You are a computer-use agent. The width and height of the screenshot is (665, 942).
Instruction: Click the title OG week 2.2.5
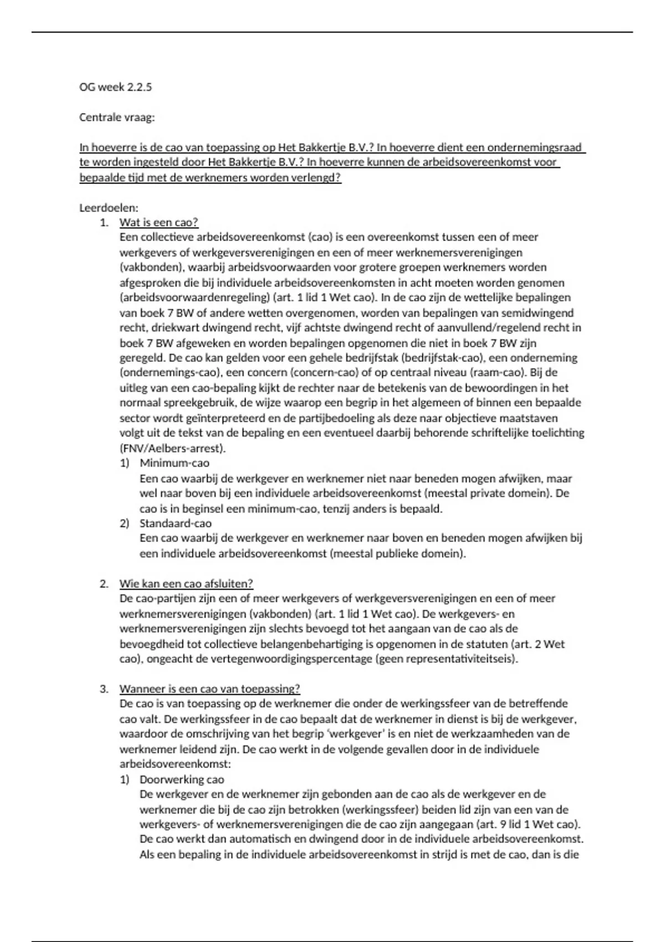[x=115, y=87]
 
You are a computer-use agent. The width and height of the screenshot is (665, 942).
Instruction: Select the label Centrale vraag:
[x=117, y=117]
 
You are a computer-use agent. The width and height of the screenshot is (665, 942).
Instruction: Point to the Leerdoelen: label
[x=109, y=208]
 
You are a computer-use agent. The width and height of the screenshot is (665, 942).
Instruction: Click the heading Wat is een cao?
[x=158, y=223]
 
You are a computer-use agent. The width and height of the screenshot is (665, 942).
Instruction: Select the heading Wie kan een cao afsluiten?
[x=186, y=583]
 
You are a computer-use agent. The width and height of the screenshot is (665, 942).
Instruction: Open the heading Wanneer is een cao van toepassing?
[x=209, y=689]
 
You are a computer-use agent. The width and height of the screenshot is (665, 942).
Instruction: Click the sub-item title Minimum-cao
[x=174, y=463]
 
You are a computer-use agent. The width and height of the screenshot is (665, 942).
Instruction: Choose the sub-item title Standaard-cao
[x=175, y=524]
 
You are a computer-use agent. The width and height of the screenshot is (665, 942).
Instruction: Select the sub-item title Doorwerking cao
[x=182, y=780]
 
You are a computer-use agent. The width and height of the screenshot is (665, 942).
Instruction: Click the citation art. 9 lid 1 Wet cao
[x=529, y=825]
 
